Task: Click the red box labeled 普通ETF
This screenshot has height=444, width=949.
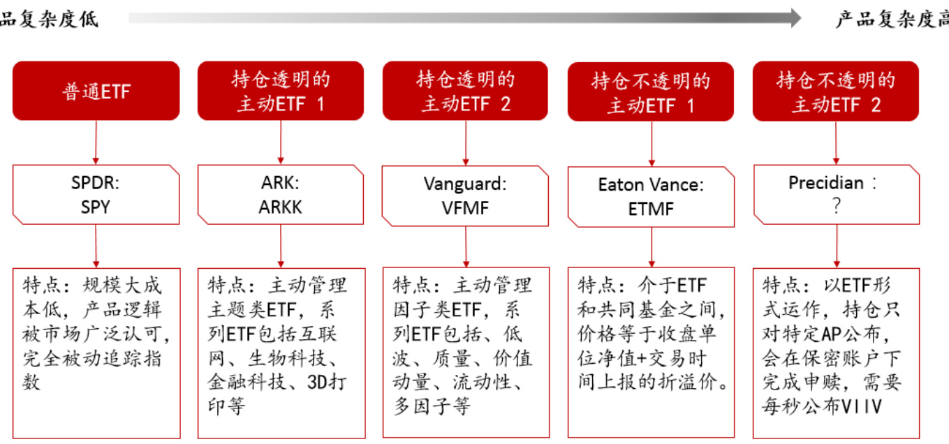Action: pyautogui.click(x=96, y=91)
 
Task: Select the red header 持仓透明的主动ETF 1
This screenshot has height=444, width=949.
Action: pyautogui.click(x=281, y=91)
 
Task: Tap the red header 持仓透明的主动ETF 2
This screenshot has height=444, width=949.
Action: pyautogui.click(x=466, y=91)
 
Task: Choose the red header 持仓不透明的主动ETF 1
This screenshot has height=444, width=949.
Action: pyautogui.click(x=651, y=91)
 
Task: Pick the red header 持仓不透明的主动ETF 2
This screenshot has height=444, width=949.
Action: pyautogui.click(x=836, y=91)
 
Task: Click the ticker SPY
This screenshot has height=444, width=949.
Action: pyautogui.click(x=96, y=207)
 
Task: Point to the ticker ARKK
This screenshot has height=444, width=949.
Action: pyautogui.click(x=281, y=207)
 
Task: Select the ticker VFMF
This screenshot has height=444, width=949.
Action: pyautogui.click(x=466, y=207)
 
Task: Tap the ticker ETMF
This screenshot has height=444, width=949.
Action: pyautogui.click(x=651, y=208)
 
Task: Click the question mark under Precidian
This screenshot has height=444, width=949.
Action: pyautogui.click(x=836, y=207)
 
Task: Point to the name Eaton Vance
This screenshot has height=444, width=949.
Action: pyautogui.click(x=651, y=185)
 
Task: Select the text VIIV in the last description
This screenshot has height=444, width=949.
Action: pyautogui.click(x=862, y=406)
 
